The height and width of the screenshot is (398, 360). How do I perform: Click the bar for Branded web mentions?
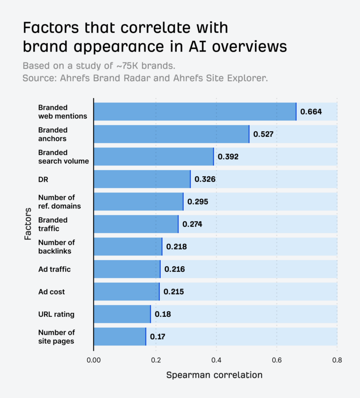tap(195, 112)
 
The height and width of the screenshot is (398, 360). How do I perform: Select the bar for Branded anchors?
tap(171, 134)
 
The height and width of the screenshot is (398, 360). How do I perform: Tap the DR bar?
tap(142, 179)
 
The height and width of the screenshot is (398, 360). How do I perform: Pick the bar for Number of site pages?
tap(120, 337)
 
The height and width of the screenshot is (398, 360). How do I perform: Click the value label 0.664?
tap(311, 112)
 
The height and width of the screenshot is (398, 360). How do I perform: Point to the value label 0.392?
tap(228, 157)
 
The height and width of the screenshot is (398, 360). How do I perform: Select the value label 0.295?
tap(197, 202)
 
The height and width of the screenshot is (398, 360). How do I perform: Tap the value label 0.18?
tap(163, 314)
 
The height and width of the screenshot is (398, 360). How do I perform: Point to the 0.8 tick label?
tap(337, 360)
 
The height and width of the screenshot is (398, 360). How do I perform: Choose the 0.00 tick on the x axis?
tap(94, 360)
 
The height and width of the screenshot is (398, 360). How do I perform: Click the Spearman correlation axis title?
tap(214, 375)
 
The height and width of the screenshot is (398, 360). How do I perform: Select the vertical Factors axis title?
tap(28, 224)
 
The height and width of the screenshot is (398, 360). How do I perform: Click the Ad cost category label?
tap(52, 292)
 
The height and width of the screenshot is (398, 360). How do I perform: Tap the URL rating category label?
tap(56, 314)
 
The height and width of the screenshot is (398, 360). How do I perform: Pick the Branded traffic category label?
tap(53, 224)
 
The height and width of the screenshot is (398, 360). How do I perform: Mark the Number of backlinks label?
tap(56, 247)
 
